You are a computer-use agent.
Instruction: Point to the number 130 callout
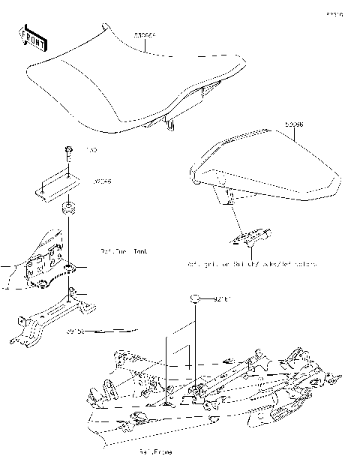tap(91, 151)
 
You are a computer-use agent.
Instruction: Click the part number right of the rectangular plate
tap(100, 181)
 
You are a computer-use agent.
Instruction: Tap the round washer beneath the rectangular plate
tap(68, 206)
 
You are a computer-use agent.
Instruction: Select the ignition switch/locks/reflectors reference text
tap(251, 265)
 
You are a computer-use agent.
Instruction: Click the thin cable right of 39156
tap(120, 329)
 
